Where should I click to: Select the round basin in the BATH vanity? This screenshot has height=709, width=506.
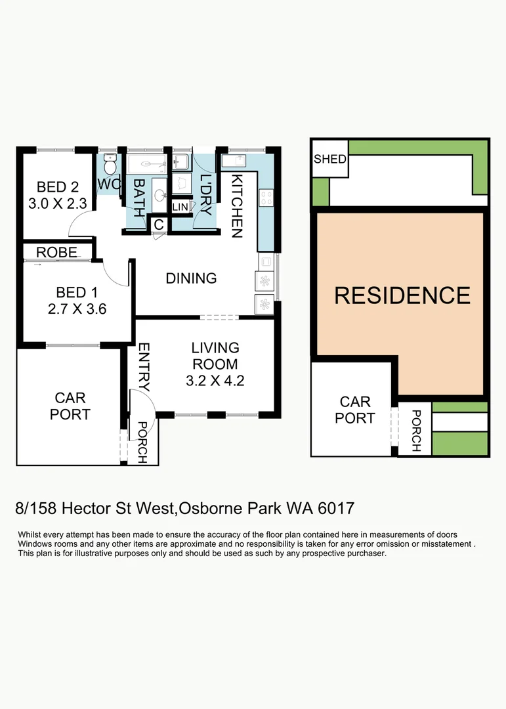coord(159,195)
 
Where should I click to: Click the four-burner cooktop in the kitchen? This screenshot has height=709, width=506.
coord(266,198)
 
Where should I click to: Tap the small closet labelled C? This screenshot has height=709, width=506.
coord(159,224)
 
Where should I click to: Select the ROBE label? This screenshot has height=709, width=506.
coord(58,252)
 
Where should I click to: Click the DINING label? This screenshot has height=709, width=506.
coord(191,278)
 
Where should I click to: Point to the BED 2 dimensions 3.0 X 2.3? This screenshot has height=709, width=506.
coord(58,204)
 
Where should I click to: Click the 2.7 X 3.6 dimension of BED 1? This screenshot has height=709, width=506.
coord(77,309)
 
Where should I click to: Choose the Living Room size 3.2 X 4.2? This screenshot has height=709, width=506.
coord(215,380)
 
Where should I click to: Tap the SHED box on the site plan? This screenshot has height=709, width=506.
coord(329,159)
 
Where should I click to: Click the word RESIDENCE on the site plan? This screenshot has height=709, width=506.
coord(402,295)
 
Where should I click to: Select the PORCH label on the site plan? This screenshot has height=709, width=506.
coord(415,431)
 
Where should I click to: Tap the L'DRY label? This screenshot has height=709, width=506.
coord(205,196)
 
